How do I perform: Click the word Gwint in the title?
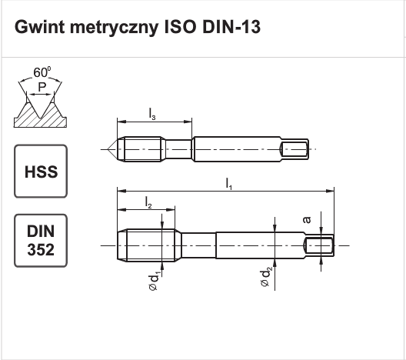click(40, 27)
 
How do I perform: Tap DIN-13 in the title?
click(231, 27)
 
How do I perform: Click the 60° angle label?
click(42, 72)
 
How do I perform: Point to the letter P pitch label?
click(42, 87)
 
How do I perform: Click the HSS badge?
click(41, 172)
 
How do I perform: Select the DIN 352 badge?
click(41, 241)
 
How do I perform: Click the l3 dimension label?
click(152, 114)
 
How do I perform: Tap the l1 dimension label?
click(229, 184)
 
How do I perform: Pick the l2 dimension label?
click(148, 202)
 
